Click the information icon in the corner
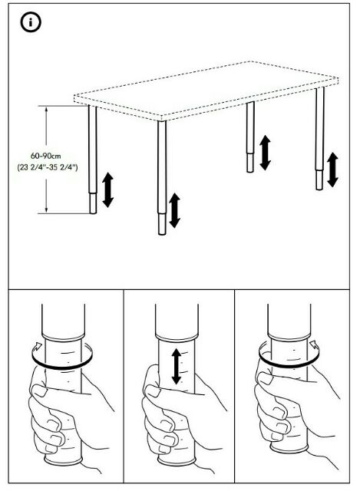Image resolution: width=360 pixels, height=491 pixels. click(31, 22)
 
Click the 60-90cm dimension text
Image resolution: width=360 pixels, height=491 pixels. click(46, 156)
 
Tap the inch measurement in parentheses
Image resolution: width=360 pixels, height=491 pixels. click(48, 167)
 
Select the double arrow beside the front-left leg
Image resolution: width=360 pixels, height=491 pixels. click(107, 189)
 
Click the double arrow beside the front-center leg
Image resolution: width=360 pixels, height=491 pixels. click(174, 210)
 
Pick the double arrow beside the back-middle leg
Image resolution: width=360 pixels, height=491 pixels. click(265, 153)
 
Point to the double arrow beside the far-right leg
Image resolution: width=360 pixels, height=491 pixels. click(332, 170)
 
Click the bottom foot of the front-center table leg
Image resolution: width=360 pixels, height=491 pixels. click(162, 224)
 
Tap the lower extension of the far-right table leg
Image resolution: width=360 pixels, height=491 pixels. click(319, 180)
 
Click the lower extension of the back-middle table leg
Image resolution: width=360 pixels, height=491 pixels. click(250, 163)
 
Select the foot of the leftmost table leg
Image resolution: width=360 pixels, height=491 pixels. click(93, 203)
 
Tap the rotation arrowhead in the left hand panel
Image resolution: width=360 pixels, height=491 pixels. click(38, 345)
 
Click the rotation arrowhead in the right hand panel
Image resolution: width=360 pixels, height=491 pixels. click(314, 344)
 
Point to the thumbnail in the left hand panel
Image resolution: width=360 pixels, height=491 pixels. click(39, 390)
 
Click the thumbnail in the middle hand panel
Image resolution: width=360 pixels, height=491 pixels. click(152, 390)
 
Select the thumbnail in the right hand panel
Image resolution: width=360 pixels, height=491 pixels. click(266, 378)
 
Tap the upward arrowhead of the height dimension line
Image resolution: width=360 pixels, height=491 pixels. click(46, 110)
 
